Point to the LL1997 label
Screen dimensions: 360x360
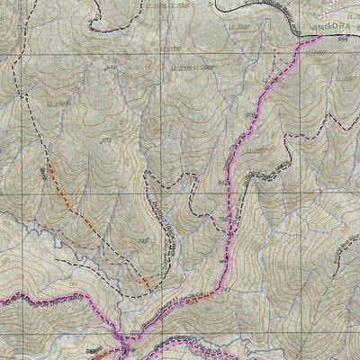(317, 53)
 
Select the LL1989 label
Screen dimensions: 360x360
(58, 105)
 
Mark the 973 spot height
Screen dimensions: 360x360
(105, 141)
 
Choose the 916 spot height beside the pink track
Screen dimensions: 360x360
(251, 114)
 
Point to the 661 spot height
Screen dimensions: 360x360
(223, 261)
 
